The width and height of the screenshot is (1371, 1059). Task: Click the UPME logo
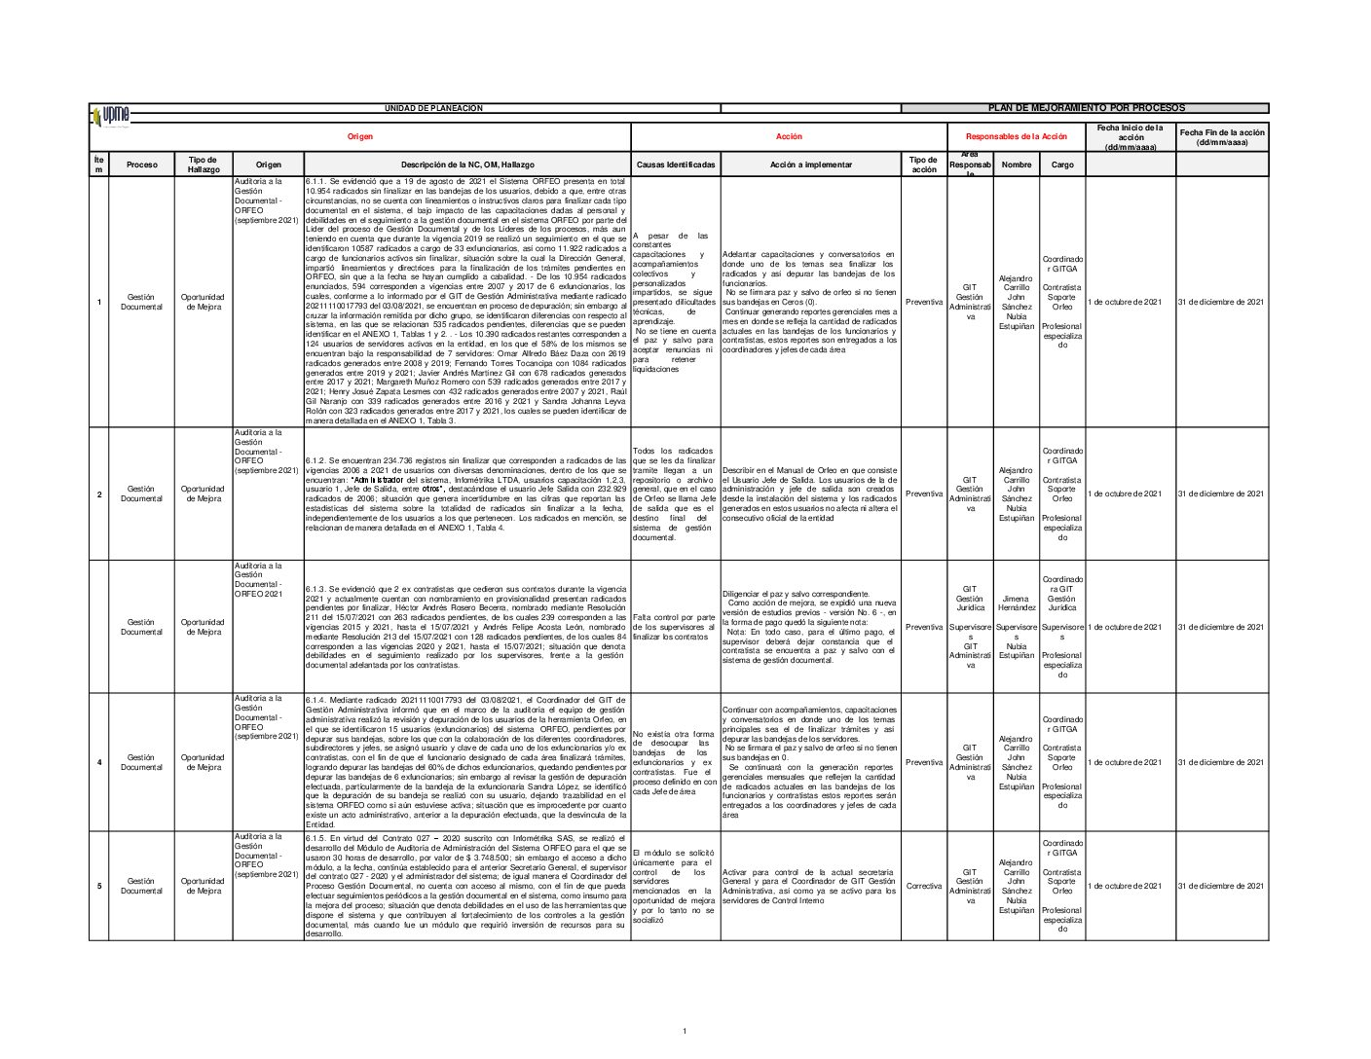(x=112, y=115)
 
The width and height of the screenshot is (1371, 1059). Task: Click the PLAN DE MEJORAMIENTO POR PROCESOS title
(x=1086, y=108)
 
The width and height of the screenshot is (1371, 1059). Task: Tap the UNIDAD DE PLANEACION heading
(x=433, y=108)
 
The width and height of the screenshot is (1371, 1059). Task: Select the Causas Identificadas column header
(x=676, y=165)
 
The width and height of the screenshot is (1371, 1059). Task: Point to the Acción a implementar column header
(x=810, y=165)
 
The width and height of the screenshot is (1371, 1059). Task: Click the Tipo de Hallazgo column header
(x=204, y=165)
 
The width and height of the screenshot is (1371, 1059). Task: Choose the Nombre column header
(x=1016, y=165)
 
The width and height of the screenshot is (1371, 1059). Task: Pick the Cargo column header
(x=1062, y=165)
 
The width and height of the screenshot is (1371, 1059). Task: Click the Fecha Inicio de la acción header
(x=1130, y=137)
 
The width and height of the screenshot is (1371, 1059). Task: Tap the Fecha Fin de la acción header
(x=1222, y=137)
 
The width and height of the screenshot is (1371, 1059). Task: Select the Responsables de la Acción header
(x=1016, y=137)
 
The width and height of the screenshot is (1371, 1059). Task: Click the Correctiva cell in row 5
(x=923, y=887)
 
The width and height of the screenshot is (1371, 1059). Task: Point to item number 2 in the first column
(x=99, y=494)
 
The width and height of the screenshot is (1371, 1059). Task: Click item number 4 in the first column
(x=99, y=762)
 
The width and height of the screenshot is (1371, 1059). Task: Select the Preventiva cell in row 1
(x=923, y=302)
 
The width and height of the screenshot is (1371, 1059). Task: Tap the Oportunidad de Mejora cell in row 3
(x=204, y=627)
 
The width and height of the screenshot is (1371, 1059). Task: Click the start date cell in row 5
(x=1130, y=887)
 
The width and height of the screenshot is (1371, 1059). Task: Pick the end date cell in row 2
(x=1222, y=494)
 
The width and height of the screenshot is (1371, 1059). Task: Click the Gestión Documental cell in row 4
(x=141, y=762)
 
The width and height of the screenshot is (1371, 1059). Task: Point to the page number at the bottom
(x=685, y=1031)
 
